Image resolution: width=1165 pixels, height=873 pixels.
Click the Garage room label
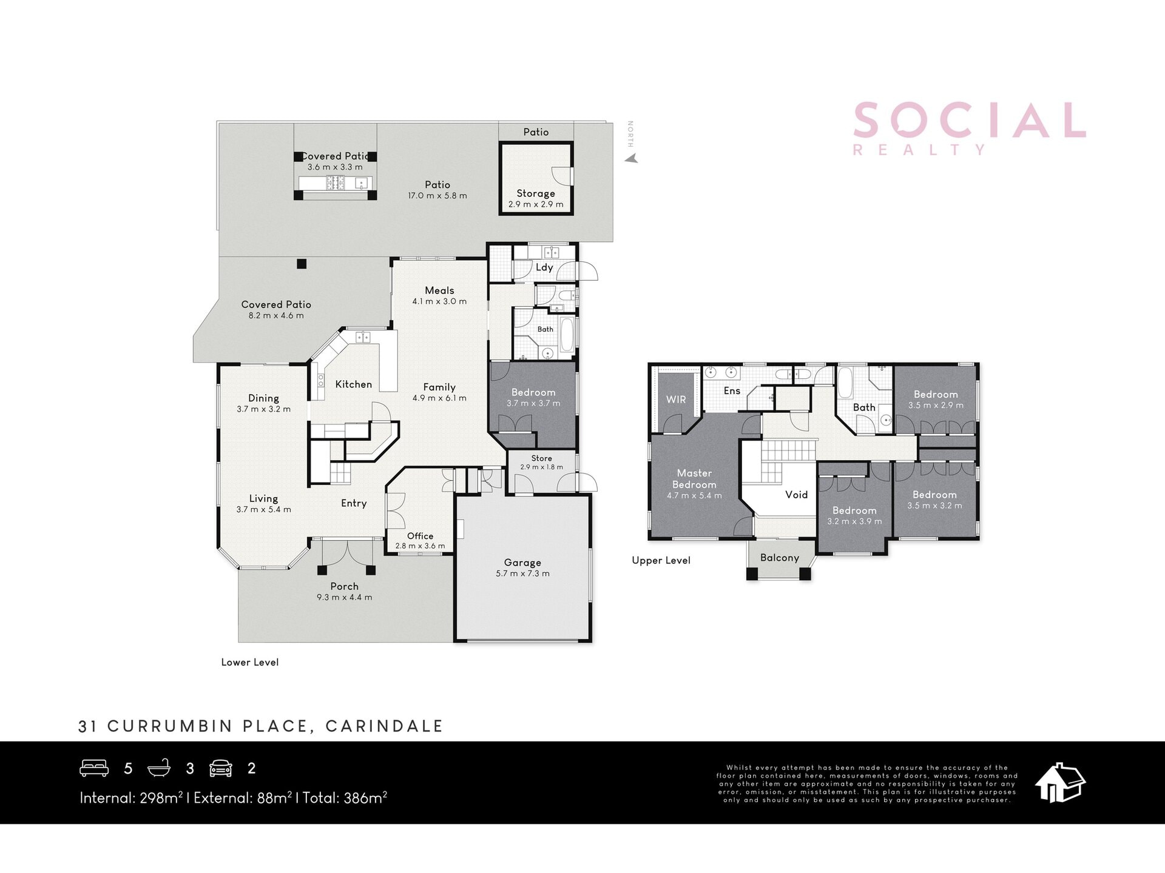point(522,563)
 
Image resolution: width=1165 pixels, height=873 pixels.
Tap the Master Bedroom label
point(694,479)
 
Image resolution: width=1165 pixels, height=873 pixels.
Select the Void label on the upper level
point(796,495)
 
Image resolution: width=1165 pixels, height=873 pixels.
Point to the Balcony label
point(780,558)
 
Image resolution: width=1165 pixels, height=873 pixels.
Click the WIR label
point(676,400)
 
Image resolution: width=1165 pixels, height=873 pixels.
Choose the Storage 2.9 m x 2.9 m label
point(536,199)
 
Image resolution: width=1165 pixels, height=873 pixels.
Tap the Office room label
point(420,536)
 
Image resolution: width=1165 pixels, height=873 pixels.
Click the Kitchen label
point(353,384)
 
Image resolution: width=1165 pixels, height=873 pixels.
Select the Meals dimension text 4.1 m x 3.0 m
point(439,301)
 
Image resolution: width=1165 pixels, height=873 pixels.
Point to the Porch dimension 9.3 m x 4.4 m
point(344,597)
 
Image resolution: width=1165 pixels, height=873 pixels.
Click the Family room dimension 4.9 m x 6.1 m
point(439,398)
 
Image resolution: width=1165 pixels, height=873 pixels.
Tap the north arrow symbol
point(632,159)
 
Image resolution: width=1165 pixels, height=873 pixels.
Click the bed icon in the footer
point(94,768)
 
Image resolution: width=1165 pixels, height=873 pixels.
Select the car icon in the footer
point(221,768)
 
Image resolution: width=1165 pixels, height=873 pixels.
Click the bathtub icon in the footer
point(159,768)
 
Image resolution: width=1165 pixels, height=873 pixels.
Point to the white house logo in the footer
point(1060,783)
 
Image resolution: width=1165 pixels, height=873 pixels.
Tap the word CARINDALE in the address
point(384,726)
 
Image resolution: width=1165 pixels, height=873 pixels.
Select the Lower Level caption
point(250,662)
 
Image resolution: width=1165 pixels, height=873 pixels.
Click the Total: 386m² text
point(345,797)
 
